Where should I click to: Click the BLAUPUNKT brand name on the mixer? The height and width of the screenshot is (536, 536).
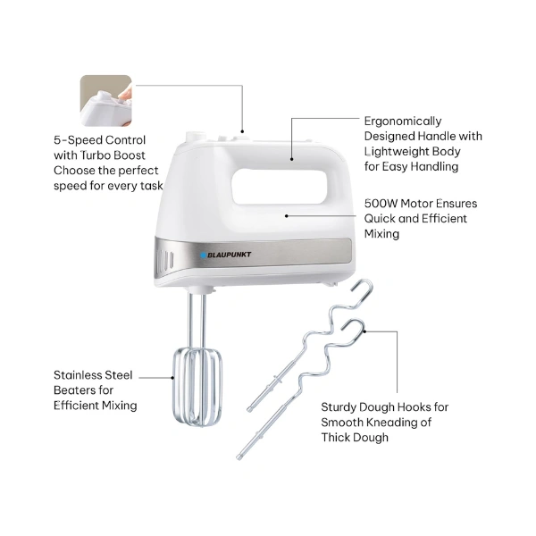tap(229, 255)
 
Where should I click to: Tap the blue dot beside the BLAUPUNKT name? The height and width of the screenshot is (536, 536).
tap(203, 255)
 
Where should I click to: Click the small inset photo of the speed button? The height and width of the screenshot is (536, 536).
tap(106, 100)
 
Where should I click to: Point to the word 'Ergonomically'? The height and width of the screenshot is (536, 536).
tap(403, 121)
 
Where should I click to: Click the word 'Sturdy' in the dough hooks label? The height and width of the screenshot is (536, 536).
tap(339, 407)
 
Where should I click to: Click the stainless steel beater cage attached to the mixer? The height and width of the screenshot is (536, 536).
tap(197, 387)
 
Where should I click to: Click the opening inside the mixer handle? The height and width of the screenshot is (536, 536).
tap(280, 187)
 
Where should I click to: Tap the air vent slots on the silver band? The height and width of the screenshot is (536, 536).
tap(164, 261)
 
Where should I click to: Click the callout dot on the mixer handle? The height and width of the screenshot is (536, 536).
tap(291, 159)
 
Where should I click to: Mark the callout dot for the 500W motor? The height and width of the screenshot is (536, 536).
tap(287, 216)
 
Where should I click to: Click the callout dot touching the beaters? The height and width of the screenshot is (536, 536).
tap(173, 378)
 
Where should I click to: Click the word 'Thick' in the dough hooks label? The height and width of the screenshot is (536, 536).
tap(337, 438)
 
